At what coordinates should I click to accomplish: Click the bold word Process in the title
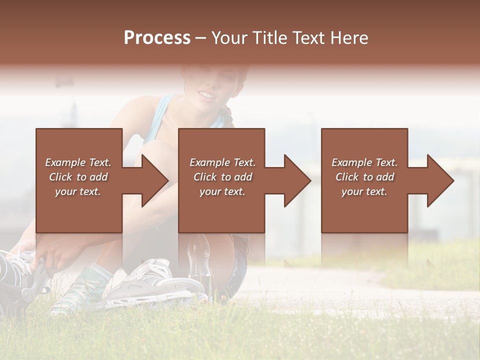tap(157, 38)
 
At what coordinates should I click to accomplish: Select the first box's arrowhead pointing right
tap(152, 180)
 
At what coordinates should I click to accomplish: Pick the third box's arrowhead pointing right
tap(438, 180)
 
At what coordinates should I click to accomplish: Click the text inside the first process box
tap(78, 177)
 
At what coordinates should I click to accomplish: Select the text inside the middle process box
tap(222, 177)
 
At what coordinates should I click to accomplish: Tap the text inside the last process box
tap(364, 177)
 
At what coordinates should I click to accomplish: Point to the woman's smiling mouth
tap(206, 94)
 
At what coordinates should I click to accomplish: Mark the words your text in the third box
tap(364, 191)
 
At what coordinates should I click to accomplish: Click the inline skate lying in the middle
tap(155, 285)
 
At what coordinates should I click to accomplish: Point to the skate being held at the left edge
tap(20, 275)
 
